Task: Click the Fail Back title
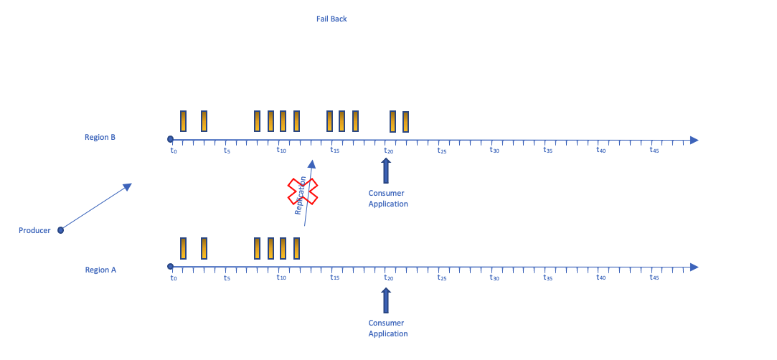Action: [x=331, y=19]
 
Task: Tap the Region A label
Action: [x=100, y=270]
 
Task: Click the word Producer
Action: [x=34, y=230]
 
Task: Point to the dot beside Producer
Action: [x=60, y=230]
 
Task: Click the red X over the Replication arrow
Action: [x=303, y=191]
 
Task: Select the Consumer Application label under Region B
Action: [x=387, y=199]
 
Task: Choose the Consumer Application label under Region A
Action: [x=387, y=328]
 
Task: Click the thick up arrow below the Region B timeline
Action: [x=386, y=171]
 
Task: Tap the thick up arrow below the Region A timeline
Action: [x=386, y=300]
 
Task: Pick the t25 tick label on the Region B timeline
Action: [x=441, y=151]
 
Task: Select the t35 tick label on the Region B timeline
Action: [x=547, y=151]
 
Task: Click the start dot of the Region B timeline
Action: [x=170, y=139]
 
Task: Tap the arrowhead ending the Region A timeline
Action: [x=694, y=267]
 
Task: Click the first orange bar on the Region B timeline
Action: [x=184, y=121]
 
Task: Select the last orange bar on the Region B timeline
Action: [x=405, y=122]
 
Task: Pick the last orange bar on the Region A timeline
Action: [x=296, y=248]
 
